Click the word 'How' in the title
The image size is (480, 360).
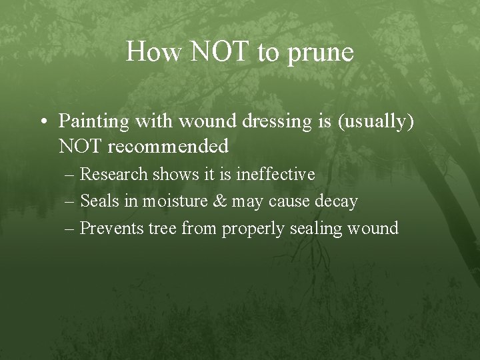[152, 52]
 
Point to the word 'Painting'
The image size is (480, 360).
[93, 121]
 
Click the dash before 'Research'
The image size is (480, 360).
[71, 175]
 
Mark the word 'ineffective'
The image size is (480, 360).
[275, 174]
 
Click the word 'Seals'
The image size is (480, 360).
[97, 201]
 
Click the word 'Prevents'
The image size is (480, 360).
[107, 228]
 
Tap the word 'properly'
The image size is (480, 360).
[251, 229]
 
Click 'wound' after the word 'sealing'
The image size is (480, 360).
[373, 228]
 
